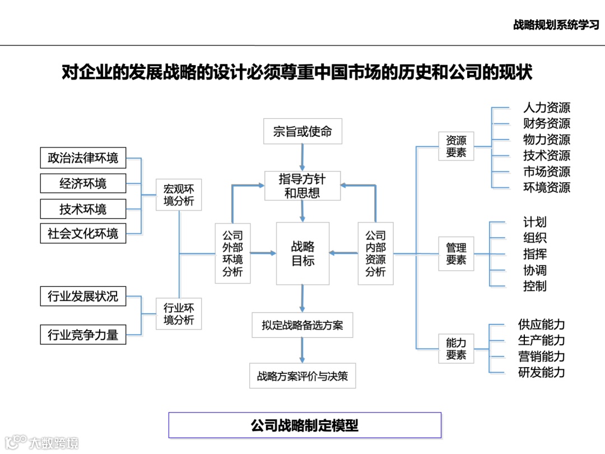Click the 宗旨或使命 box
coord(302,132)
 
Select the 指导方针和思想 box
coord(302,186)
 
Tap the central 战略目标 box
coord(302,253)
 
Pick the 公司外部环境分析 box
coord(232,253)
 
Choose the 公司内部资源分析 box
coord(375,253)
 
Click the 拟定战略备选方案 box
coord(302,325)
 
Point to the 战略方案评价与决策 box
coord(302,376)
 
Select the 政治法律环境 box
coord(83,158)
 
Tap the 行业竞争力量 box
coord(83,335)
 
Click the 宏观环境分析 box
coord(179,194)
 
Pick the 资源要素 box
coord(456,146)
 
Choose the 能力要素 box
coord(456,349)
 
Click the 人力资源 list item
coord(547,108)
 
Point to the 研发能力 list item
coord(541,372)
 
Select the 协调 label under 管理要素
coord(535,270)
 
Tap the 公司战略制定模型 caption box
coord(305,425)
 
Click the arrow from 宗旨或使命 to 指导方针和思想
coord(302,157)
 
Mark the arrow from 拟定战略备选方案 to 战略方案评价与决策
coord(302,351)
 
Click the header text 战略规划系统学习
coord(556,25)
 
